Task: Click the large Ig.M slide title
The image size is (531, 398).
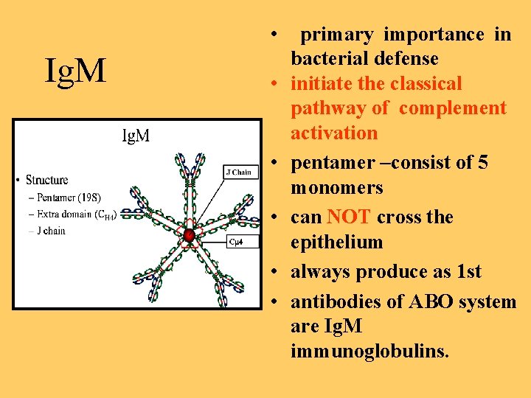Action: tap(76, 71)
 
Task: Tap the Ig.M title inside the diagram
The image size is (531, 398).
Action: tap(136, 136)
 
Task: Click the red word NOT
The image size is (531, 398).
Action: tap(350, 217)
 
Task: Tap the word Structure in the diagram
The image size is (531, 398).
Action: tap(46, 181)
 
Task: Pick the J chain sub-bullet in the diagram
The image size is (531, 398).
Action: tap(49, 231)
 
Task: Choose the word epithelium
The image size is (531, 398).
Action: tap(337, 242)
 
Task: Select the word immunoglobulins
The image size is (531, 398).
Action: tap(369, 352)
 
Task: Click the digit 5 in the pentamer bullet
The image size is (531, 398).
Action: tap(482, 163)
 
